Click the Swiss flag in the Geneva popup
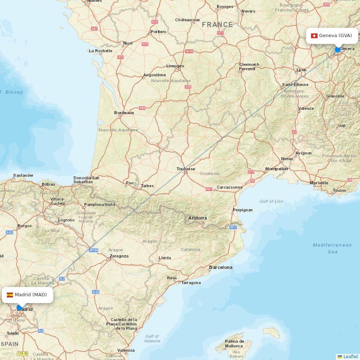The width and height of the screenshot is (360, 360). (x=314, y=36)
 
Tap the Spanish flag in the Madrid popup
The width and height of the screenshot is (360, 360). (x=10, y=295)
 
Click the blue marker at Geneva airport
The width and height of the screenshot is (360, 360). (x=338, y=50)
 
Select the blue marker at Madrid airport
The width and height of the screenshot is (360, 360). (x=19, y=307)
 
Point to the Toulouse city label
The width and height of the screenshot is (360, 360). (x=186, y=169)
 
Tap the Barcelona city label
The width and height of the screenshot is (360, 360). (x=221, y=267)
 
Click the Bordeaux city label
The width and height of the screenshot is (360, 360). (x=124, y=113)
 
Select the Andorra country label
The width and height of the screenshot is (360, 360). (x=197, y=218)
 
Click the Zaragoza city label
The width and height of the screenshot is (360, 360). (x=119, y=256)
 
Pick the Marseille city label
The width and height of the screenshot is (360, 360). (x=319, y=183)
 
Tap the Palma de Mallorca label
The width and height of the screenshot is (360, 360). (x=234, y=344)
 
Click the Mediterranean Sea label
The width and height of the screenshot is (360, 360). (x=332, y=248)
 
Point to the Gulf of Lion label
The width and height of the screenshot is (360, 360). (x=271, y=201)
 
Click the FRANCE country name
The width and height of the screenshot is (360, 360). (x=217, y=24)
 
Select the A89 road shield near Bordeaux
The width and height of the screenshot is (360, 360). (x=143, y=108)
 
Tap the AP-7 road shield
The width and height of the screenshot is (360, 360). (x=233, y=227)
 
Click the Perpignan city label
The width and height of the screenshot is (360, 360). (x=243, y=210)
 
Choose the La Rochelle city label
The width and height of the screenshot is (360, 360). (x=100, y=51)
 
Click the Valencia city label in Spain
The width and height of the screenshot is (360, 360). (x=126, y=350)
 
